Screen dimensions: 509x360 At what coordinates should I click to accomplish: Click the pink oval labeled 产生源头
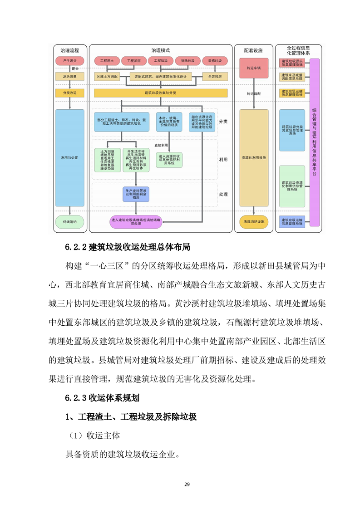coord(70,60)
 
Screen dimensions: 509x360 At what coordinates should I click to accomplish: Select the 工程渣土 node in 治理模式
coord(107,60)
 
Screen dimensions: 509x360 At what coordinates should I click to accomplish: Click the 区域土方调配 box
coord(107,76)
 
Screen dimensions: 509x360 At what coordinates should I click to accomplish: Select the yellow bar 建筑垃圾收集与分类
coord(160,93)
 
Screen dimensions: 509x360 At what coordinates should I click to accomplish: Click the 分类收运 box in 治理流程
coord(70,93)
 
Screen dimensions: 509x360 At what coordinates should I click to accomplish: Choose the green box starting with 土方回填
coord(108,160)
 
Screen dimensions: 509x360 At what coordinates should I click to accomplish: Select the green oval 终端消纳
coord(70,222)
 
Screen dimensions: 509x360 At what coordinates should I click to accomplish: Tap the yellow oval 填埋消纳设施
coord(254,222)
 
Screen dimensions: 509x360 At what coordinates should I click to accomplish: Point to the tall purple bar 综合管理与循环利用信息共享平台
coord(314,142)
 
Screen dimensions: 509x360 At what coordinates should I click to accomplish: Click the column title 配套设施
coord(253,50)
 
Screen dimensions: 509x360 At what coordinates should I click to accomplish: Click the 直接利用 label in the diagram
coord(161,145)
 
